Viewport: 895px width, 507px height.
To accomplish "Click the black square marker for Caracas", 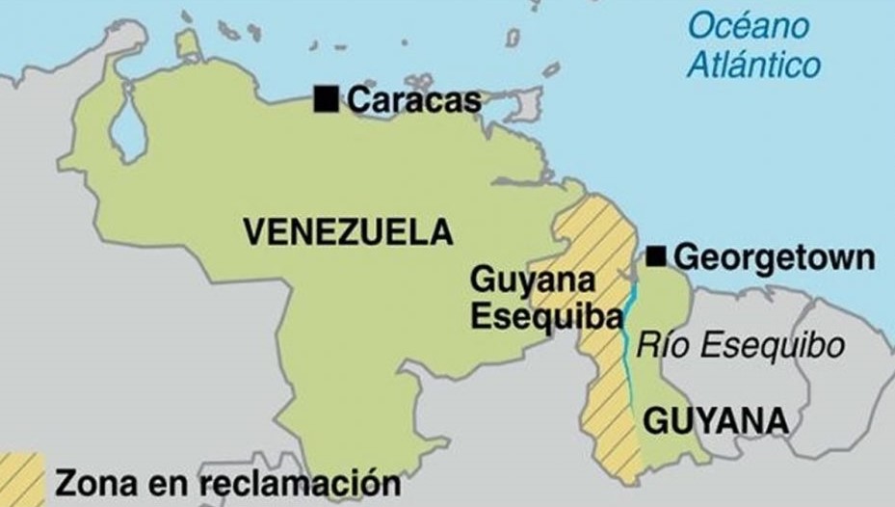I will pyautogui.click(x=327, y=98).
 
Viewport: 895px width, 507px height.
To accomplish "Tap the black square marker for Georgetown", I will pyautogui.click(x=657, y=255).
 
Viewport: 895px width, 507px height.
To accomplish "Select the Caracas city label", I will pyautogui.click(x=413, y=99).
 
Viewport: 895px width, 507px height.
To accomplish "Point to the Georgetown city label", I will pyautogui.click(x=774, y=257).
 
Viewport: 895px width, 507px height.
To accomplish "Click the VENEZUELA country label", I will pyautogui.click(x=348, y=231).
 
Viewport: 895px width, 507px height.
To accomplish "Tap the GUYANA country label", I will pyautogui.click(x=715, y=421).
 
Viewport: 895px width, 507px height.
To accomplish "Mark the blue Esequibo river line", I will pyautogui.click(x=627, y=347).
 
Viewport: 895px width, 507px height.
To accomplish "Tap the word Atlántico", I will pyautogui.click(x=754, y=65).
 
